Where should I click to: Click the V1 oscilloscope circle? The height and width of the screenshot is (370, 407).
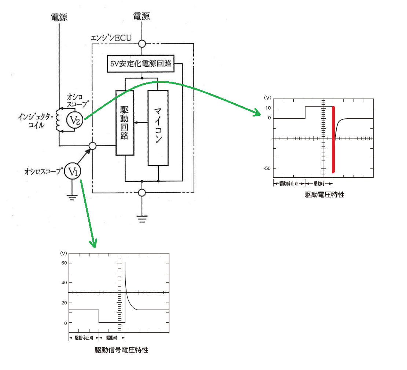click(x=73, y=171)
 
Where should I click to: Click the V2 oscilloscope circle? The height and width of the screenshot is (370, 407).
click(x=75, y=120)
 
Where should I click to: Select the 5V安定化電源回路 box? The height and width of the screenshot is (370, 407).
click(x=141, y=63)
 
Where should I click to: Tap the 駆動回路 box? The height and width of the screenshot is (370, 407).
click(x=125, y=123)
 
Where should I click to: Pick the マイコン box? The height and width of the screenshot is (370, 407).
click(x=158, y=128)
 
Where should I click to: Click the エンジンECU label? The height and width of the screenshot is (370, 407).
click(x=111, y=38)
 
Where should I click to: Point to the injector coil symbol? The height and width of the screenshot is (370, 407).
click(x=58, y=120)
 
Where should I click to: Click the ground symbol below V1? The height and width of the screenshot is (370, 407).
click(x=72, y=197)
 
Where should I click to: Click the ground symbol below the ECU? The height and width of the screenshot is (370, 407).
click(x=142, y=219)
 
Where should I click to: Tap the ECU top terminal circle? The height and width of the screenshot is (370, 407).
click(x=142, y=44)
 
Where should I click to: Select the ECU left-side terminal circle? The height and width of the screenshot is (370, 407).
click(x=92, y=146)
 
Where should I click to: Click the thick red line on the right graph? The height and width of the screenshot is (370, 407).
click(x=333, y=140)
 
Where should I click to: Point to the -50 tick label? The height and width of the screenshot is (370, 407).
click(x=267, y=168)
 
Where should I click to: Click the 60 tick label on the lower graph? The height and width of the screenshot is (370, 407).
click(x=64, y=263)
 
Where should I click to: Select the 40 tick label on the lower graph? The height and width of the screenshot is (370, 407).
click(x=64, y=282)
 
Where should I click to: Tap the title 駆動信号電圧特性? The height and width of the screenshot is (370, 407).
click(x=121, y=350)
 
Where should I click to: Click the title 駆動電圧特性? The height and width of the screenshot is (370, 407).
click(x=324, y=195)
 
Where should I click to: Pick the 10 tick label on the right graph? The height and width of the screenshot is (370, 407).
click(x=268, y=108)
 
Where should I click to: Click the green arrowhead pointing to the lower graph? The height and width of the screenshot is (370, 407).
click(x=93, y=243)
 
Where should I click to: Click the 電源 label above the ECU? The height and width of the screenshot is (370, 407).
click(x=142, y=16)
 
